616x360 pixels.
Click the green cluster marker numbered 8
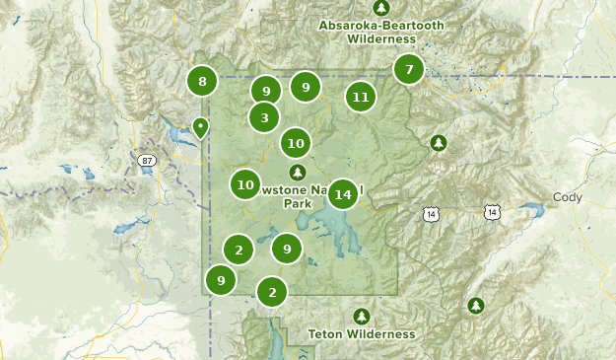[202, 81]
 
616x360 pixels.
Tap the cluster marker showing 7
[408, 70]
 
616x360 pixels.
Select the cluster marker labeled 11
[361, 97]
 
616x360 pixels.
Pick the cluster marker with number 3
[263, 118]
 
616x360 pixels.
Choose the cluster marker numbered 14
[342, 194]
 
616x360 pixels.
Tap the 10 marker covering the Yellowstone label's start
[246, 183]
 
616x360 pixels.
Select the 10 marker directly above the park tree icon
[295, 143]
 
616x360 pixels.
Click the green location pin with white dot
[200, 127]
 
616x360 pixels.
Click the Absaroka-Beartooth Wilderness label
[368, 32]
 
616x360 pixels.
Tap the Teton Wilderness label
[362, 334]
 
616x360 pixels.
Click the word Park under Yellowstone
[297, 204]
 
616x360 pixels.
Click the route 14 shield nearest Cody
[492, 212]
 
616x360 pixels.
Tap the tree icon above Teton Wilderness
[362, 317]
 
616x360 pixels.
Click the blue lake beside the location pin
[184, 130]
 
